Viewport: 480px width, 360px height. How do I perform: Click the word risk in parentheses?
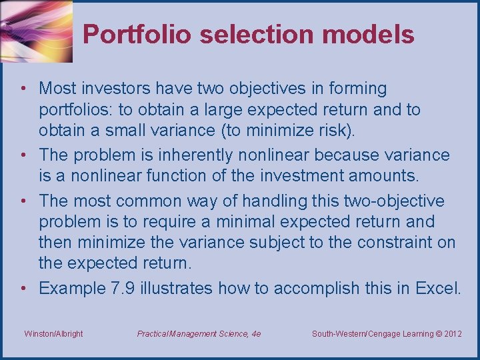(331, 130)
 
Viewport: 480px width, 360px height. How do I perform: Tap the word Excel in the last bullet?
(437, 288)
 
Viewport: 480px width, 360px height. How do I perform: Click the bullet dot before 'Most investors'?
(23, 89)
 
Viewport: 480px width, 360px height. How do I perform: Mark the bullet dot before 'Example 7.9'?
(23, 289)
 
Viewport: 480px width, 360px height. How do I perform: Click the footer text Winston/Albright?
(53, 333)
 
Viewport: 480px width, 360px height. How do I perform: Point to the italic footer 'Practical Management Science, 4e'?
(199, 333)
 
